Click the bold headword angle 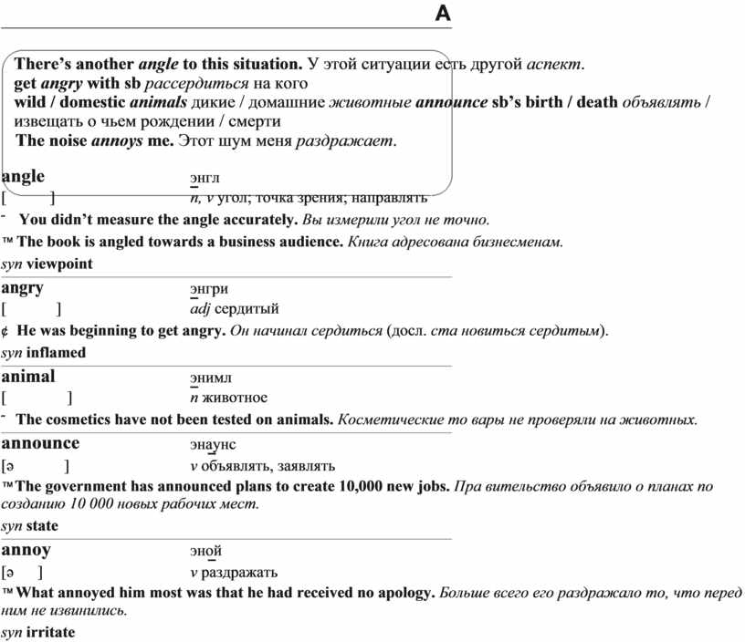[x=23, y=176]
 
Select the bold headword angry [x=23, y=288]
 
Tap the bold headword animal [x=28, y=376]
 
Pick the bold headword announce [x=40, y=443]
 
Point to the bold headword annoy [x=26, y=550]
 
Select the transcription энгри [x=208, y=290]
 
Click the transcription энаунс [x=213, y=445]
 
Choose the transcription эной [x=205, y=552]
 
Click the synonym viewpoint [x=59, y=264]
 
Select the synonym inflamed [x=56, y=352]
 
